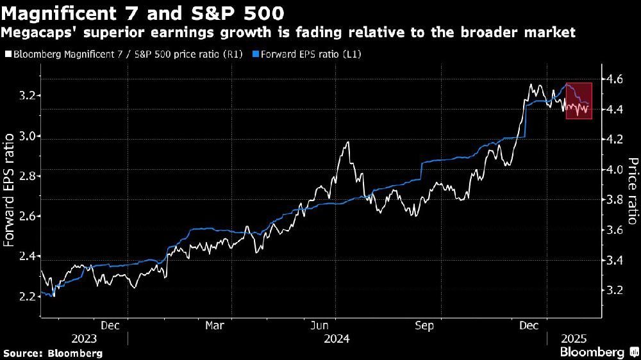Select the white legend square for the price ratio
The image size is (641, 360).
[7, 55]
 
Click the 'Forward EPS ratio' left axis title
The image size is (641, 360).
[10, 190]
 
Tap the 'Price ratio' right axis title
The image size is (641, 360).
[632, 191]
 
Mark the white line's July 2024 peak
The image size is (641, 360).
[347, 142]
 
